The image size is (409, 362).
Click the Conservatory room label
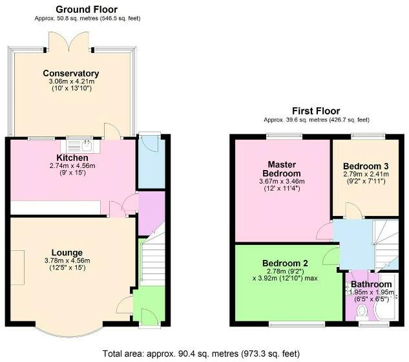(x=71, y=73)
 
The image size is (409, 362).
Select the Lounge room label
(x=67, y=252)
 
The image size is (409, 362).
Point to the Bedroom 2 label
(x=285, y=263)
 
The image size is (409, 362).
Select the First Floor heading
(x=315, y=111)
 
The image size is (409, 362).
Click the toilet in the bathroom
(x=362, y=312)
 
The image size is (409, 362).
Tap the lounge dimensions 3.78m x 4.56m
(x=67, y=261)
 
